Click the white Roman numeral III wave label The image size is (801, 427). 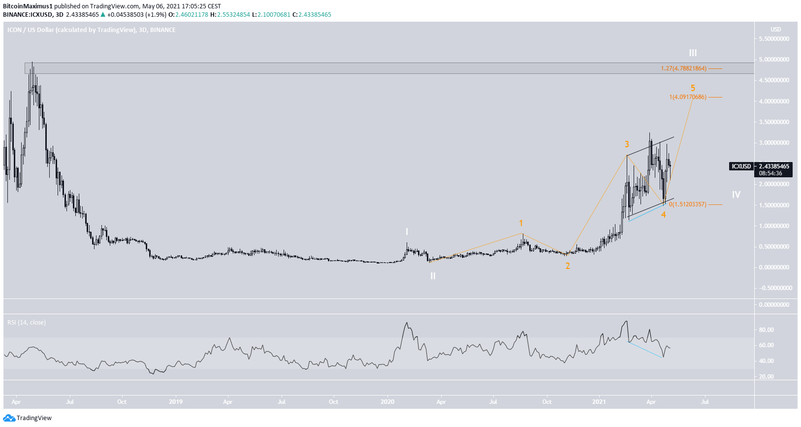click(693, 53)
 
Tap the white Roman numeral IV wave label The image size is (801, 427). click(736, 195)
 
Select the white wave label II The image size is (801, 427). click(433, 276)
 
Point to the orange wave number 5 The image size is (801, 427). click(693, 88)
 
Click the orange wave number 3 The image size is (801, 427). click(627, 144)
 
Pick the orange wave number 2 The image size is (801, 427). click(568, 266)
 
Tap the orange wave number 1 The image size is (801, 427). click(521, 223)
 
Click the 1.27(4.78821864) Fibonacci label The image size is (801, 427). click(683, 68)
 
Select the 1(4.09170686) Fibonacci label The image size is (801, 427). click(687, 97)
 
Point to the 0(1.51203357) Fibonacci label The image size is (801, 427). click(687, 204)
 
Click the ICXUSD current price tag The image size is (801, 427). click(741, 166)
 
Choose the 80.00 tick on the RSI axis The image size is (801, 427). click(766, 330)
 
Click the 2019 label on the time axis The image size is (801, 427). click(176, 402)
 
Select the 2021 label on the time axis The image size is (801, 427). click(599, 402)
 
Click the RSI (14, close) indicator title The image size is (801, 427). click(27, 323)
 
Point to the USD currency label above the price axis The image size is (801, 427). click(775, 30)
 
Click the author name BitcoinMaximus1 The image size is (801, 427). click(28, 6)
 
